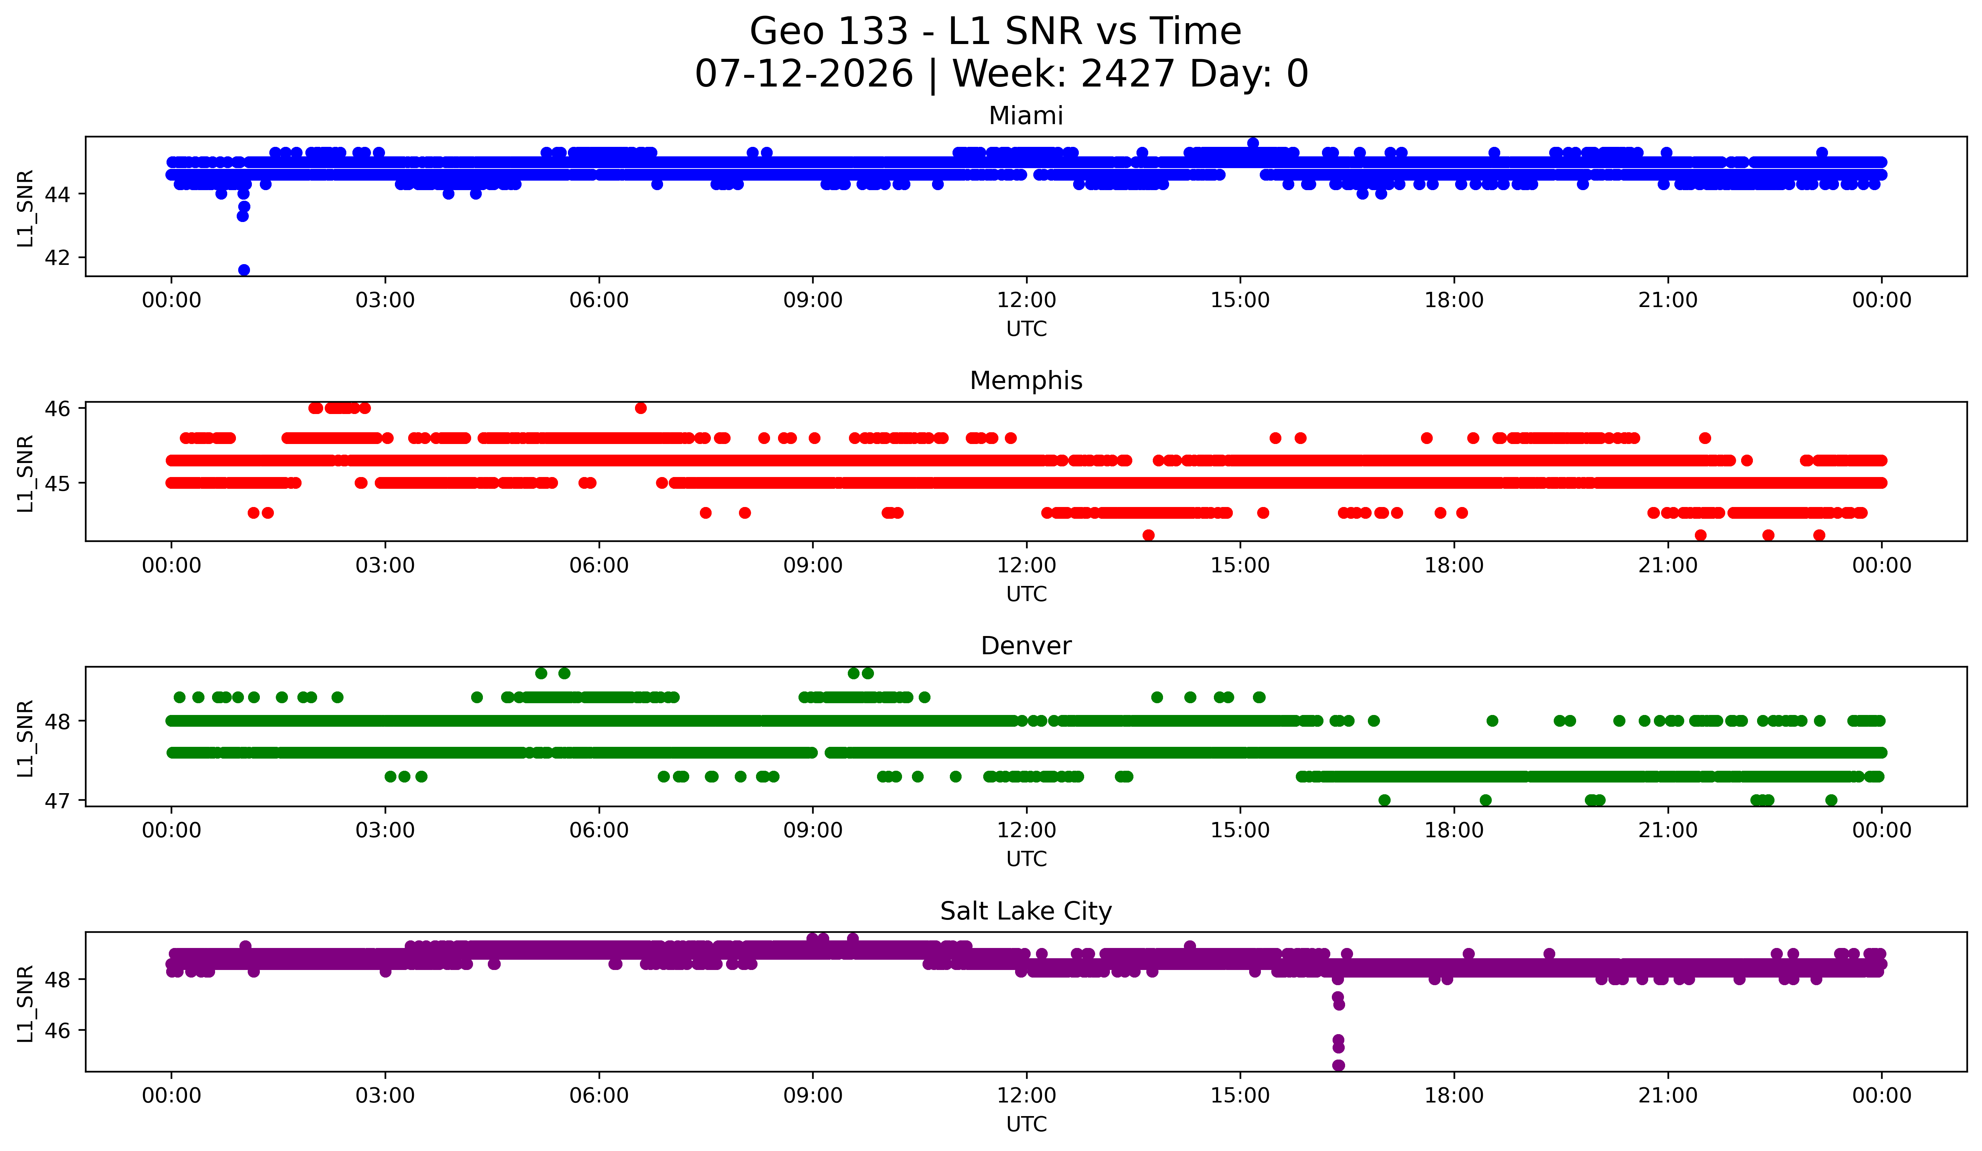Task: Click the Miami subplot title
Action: coord(1026,116)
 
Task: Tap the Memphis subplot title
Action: coord(1026,381)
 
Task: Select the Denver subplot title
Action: coord(1026,646)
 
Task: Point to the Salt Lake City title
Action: coord(1026,911)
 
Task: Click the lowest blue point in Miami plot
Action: coord(244,270)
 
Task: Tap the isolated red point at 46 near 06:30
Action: coord(641,408)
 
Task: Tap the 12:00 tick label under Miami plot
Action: coord(1026,301)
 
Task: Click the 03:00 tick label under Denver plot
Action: coord(385,831)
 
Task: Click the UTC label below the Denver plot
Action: coord(1026,859)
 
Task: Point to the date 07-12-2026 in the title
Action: coord(804,74)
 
